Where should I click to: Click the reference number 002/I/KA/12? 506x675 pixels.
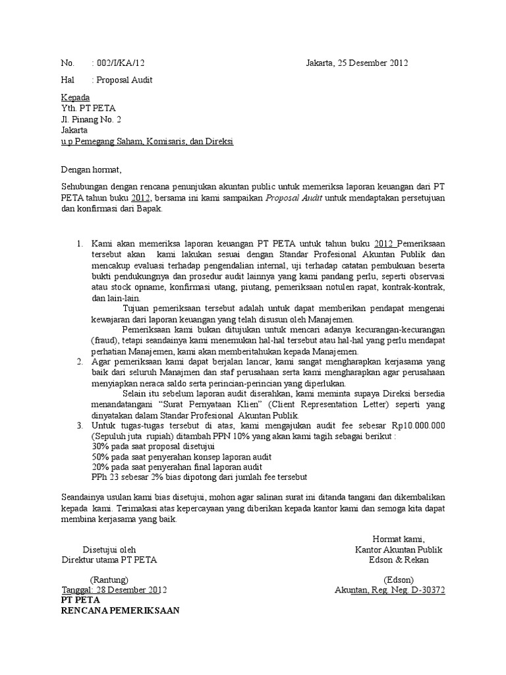(x=121, y=63)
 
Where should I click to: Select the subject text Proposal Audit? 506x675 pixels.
(x=124, y=80)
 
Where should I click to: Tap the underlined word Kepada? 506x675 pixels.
(x=74, y=97)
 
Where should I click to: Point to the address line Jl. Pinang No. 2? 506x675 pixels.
(x=91, y=119)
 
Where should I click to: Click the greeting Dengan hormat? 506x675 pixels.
(x=92, y=169)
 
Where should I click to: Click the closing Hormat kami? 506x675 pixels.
(x=399, y=538)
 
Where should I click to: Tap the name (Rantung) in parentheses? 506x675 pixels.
(x=109, y=579)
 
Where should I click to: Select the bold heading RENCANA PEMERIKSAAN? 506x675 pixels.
(x=120, y=610)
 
